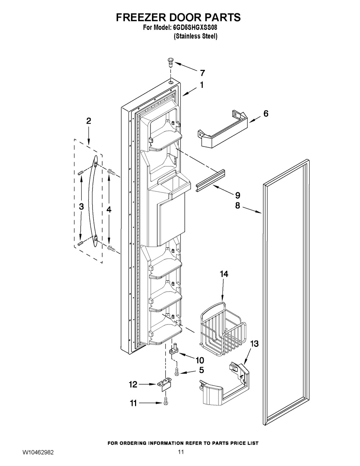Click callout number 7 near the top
(202, 73)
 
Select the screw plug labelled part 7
(170, 62)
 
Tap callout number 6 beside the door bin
(266, 114)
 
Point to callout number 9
(237, 196)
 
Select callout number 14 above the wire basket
(224, 274)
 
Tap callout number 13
(254, 344)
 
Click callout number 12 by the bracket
(133, 385)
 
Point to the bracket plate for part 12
(165, 385)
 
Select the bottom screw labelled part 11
(166, 400)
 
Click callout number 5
(201, 370)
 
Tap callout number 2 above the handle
(89, 121)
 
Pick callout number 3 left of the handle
(81, 207)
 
